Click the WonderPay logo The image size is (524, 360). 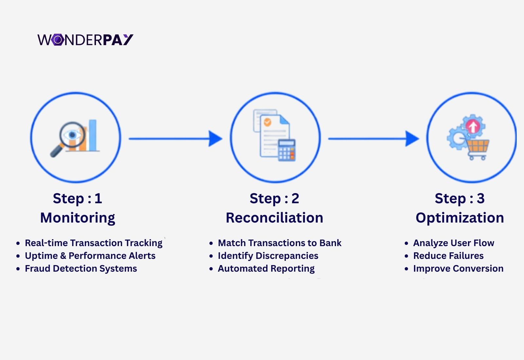(x=85, y=40)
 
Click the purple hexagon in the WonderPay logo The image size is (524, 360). (x=58, y=40)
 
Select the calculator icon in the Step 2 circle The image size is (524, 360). (x=287, y=150)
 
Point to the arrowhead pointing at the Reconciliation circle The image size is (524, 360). (x=215, y=138)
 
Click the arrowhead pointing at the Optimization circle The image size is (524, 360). (x=412, y=138)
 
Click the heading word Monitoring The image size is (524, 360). (x=78, y=218)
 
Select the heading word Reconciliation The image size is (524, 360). (x=274, y=218)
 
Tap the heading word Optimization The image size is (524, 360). (x=459, y=218)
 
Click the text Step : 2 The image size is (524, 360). (x=274, y=199)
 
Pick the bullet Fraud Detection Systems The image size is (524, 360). (x=81, y=269)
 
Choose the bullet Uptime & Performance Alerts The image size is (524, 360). (x=90, y=256)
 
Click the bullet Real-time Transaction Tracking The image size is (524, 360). (x=94, y=243)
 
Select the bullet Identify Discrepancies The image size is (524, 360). (x=268, y=256)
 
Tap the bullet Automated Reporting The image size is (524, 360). (x=266, y=269)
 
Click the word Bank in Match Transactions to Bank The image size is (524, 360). (x=330, y=243)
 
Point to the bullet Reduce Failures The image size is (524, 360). (x=448, y=256)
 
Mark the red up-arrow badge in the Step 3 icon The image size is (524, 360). (x=473, y=126)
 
